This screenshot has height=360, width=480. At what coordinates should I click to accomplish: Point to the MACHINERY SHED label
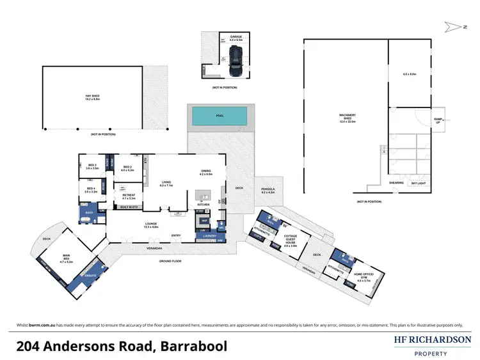[348, 117]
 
